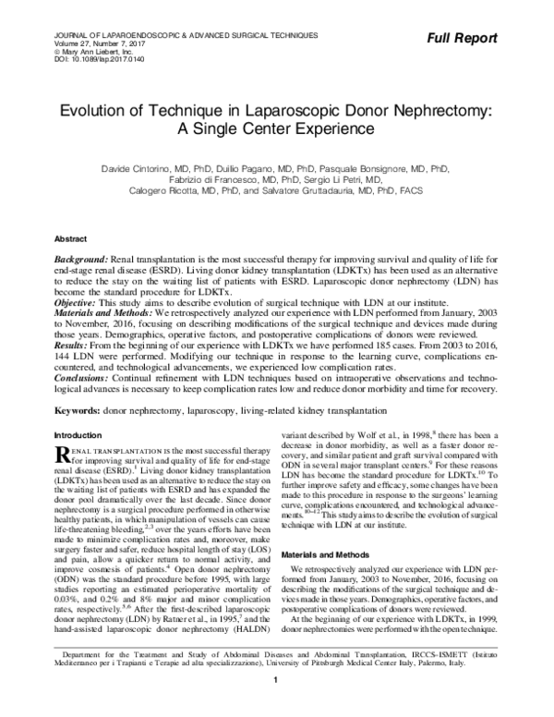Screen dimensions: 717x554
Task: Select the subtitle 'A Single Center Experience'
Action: [277, 129]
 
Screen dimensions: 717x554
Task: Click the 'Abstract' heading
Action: [71, 237]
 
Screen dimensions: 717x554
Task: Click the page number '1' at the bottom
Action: [276, 707]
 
